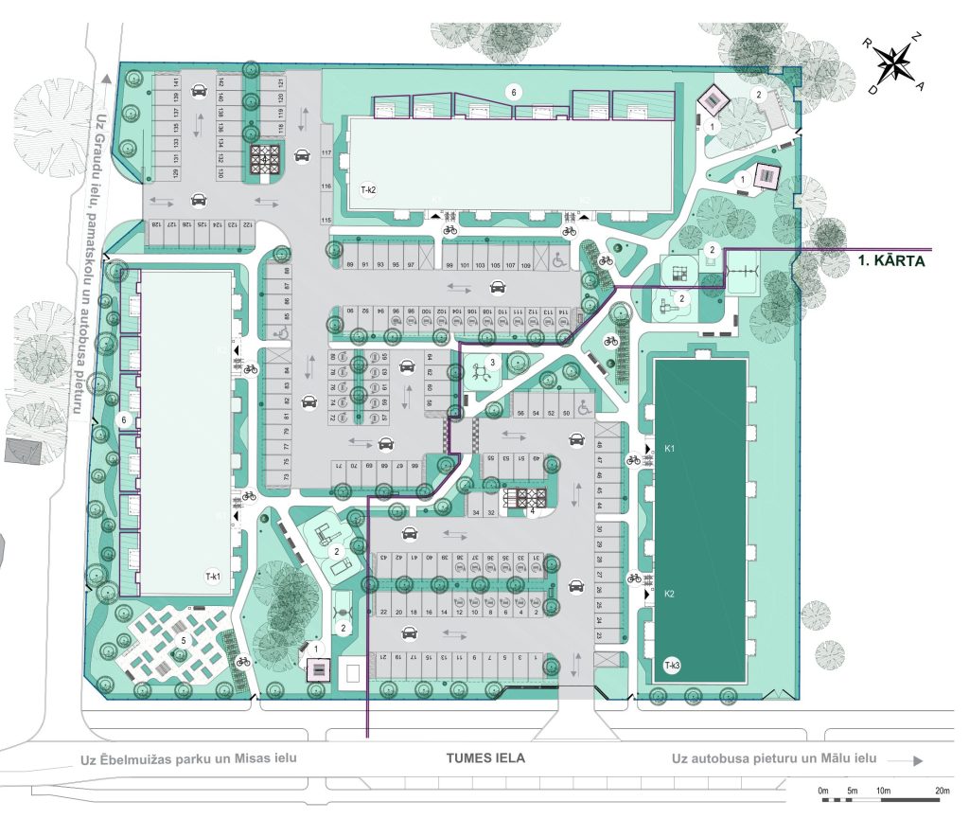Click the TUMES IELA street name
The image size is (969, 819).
click(485, 758)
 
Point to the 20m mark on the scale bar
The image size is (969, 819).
click(942, 791)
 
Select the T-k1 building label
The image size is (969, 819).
click(212, 576)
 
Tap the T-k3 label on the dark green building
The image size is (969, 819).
click(673, 666)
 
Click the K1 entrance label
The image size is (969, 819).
click(668, 447)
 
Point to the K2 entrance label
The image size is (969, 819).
click(668, 594)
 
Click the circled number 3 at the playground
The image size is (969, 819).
click(492, 362)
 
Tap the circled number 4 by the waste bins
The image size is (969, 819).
click(534, 511)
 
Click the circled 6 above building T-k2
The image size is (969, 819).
click(514, 92)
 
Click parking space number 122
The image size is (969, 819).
click(247, 225)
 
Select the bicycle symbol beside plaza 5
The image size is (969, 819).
click(243, 662)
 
